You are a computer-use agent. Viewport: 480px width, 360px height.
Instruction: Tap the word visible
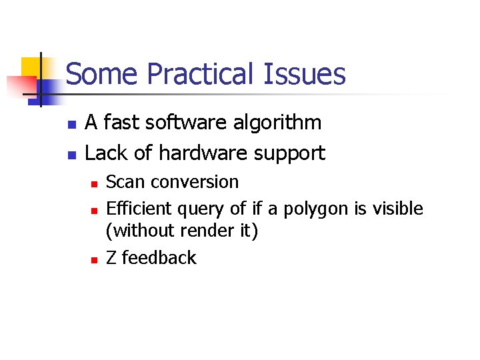[x=397, y=209]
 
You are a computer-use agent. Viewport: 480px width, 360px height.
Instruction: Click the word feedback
[x=159, y=258]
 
